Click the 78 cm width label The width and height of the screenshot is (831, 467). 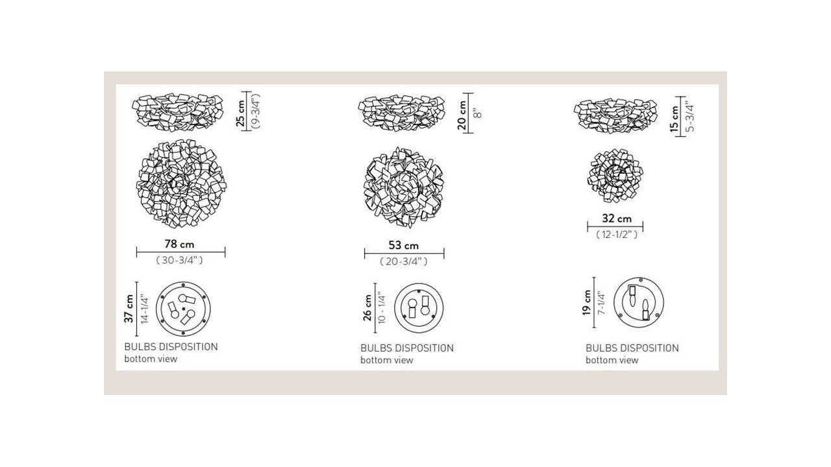[180, 245]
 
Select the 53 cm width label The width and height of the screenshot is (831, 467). [404, 245]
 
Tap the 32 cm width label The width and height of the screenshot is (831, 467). [616, 219]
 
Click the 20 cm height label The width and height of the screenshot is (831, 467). [462, 115]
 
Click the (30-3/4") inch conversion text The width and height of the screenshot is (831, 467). [180, 261]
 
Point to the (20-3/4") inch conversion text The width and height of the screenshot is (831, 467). [404, 261]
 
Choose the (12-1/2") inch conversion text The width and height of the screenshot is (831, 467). [616, 234]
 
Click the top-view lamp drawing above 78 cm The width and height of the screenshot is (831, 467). [180, 186]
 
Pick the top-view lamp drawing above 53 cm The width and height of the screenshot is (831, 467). [404, 186]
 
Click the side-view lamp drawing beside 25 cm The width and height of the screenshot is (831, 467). [178, 112]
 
